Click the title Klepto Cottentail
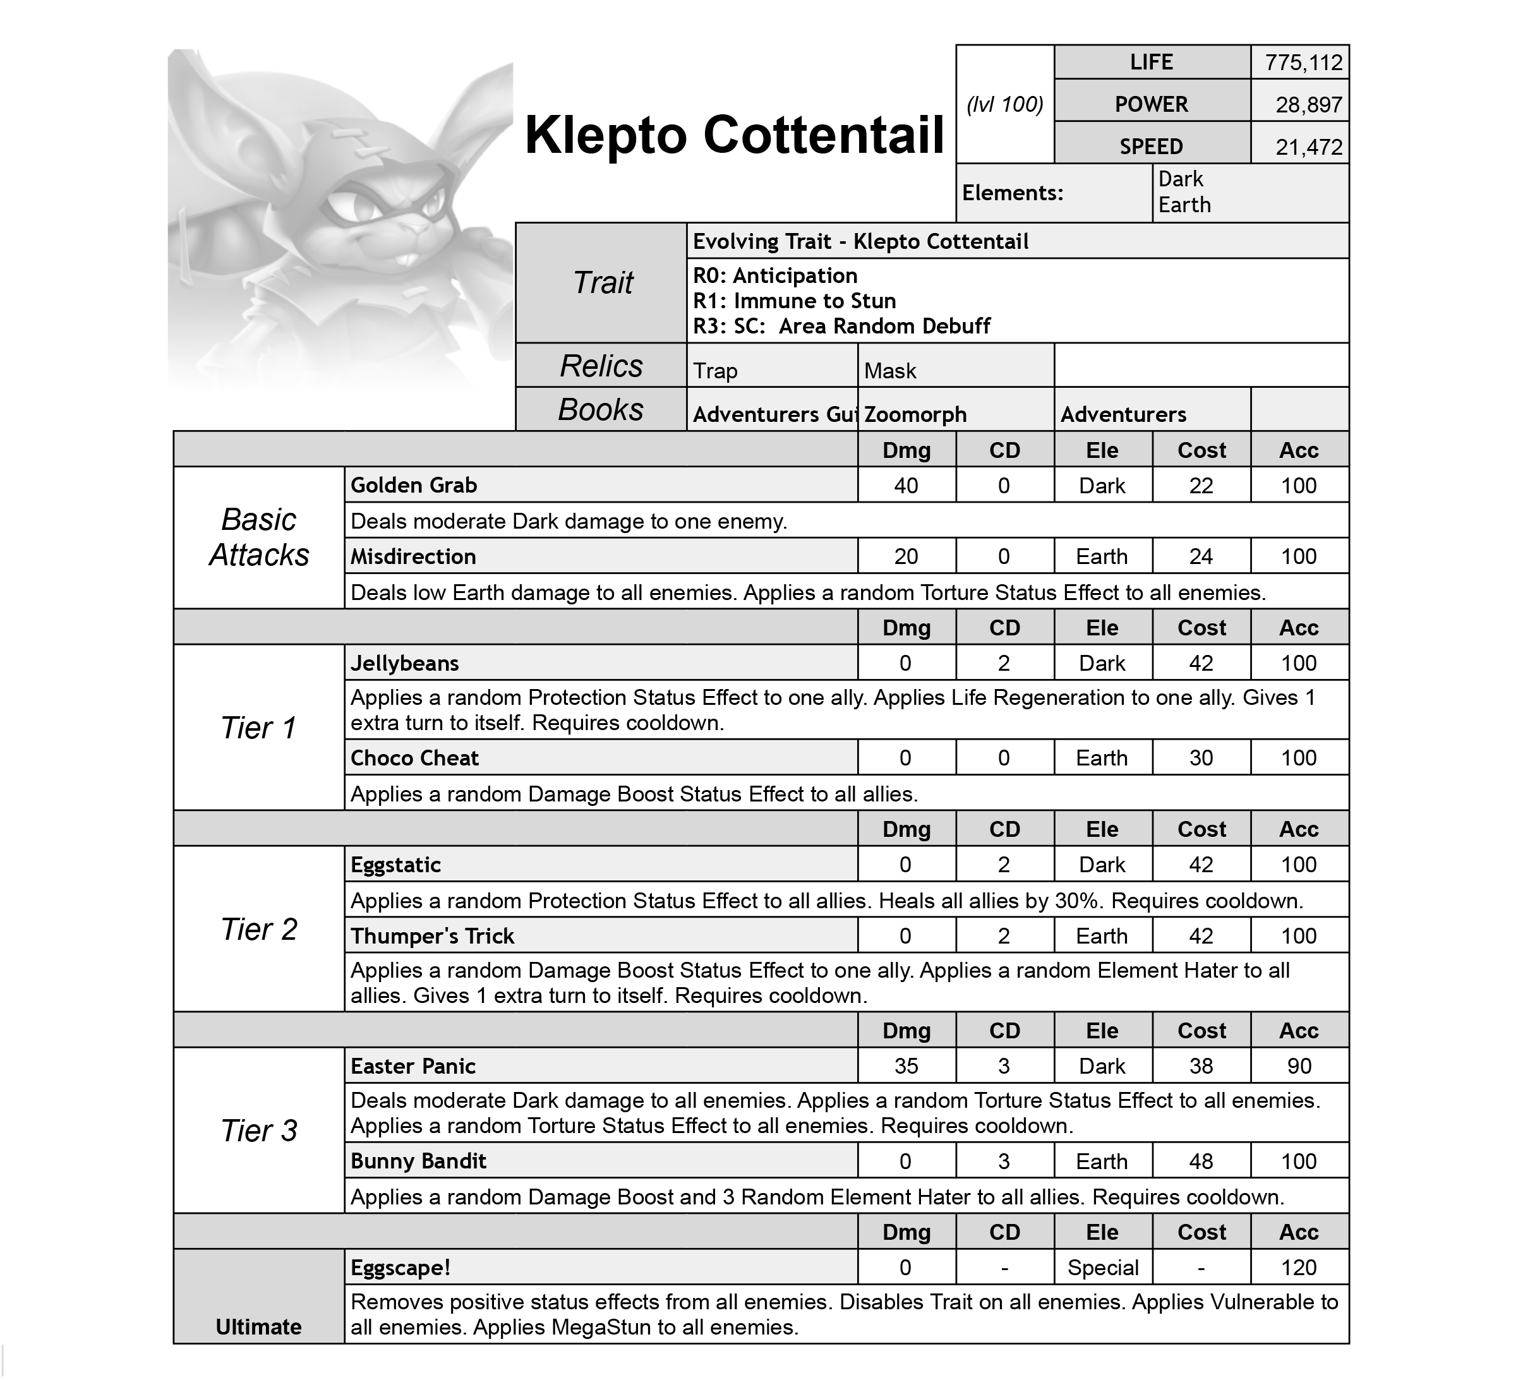tap(734, 136)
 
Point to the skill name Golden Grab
tap(413, 486)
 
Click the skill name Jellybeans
tap(404, 664)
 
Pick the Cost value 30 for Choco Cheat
tap(1201, 759)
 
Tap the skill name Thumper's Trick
tap(432, 937)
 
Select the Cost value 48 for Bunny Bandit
tap(1201, 1161)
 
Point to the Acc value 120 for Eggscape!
tap(1299, 1268)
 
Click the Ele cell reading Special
tap(1103, 1268)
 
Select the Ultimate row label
tap(258, 1327)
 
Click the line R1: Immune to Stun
tap(794, 301)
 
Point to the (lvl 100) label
tap(1005, 105)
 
